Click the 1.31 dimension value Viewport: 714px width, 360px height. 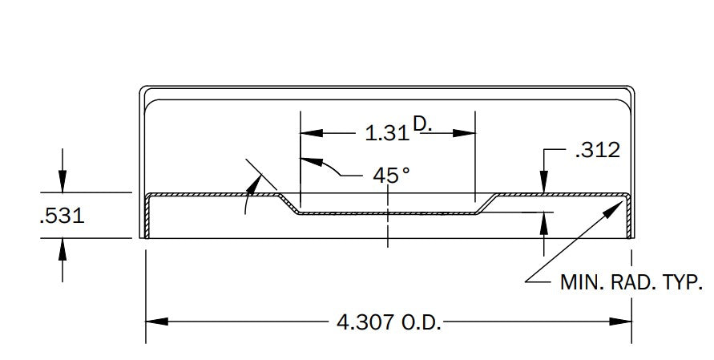388,133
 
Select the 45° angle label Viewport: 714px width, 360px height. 391,176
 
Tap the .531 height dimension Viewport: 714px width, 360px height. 63,216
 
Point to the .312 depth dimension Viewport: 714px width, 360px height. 598,150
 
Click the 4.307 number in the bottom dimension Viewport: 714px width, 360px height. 365,322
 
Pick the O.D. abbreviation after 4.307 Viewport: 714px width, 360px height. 422,322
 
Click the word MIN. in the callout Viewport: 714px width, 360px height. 582,282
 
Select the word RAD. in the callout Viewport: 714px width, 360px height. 634,282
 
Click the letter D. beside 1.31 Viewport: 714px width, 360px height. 422,123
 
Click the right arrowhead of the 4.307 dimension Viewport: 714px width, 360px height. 620,322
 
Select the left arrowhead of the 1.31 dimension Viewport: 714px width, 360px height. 312,133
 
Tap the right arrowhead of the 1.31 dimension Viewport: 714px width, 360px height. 464,133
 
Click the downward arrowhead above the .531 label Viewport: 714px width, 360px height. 63,181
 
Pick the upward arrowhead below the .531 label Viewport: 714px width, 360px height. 63,249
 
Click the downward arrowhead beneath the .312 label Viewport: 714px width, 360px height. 543,181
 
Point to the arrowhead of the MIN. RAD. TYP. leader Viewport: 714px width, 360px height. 614,208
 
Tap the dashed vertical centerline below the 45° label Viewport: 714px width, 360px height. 388,217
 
